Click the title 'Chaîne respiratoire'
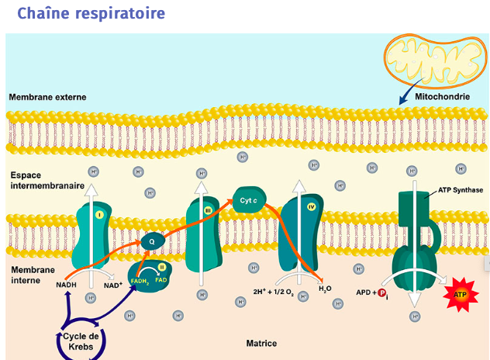[x=91, y=14]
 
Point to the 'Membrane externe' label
[x=47, y=98]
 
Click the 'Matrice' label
[x=261, y=342]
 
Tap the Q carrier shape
[x=151, y=241]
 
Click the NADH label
[x=67, y=285]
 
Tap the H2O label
[x=326, y=289]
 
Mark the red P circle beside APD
[x=381, y=292]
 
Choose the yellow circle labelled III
[x=207, y=209]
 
